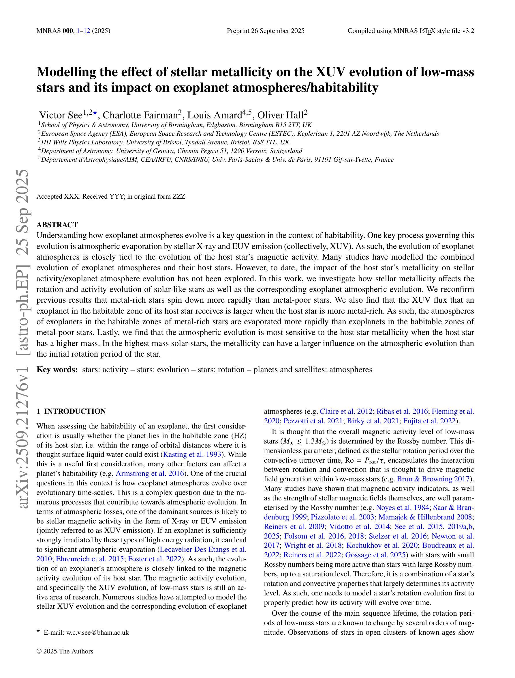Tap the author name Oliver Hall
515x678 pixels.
coord(280,115)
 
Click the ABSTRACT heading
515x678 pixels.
coord(57,225)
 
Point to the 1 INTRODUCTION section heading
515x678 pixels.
coord(71,411)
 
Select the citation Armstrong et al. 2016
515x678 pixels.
coord(150,473)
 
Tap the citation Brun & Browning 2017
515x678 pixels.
coord(433,479)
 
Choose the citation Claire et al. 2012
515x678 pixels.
coord(346,411)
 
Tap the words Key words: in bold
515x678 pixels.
coord(57,370)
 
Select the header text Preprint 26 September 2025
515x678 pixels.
coord(266,31)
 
